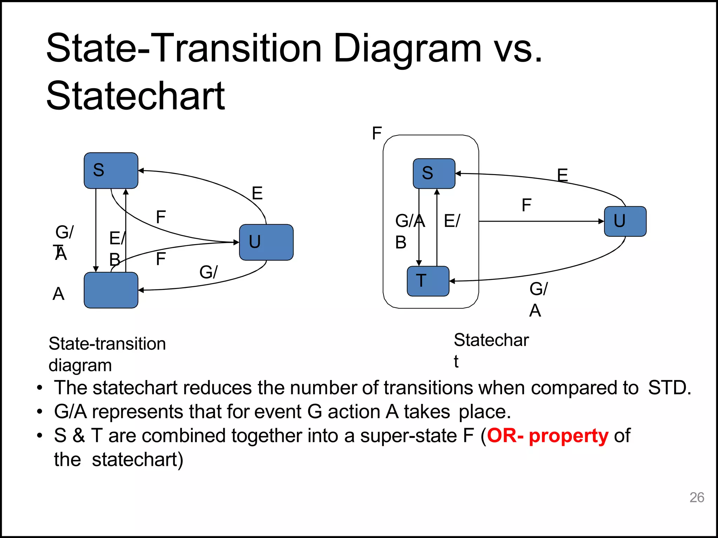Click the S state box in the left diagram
point(111,171)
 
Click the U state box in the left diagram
point(266,242)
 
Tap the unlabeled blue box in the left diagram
point(111,290)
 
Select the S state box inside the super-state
point(434,174)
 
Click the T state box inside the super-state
point(428,281)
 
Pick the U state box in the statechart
point(625,221)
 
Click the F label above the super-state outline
point(377,133)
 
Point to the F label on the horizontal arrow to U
point(526,205)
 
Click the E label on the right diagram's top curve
point(562,175)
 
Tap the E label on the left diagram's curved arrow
point(257,193)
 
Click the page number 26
point(697,497)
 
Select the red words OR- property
point(548,436)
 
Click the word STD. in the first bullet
point(669,388)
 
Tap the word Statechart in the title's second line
point(136,96)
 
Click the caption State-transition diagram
point(107,354)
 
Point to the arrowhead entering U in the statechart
point(602,221)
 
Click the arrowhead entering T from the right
point(452,281)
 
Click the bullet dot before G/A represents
point(40,412)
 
